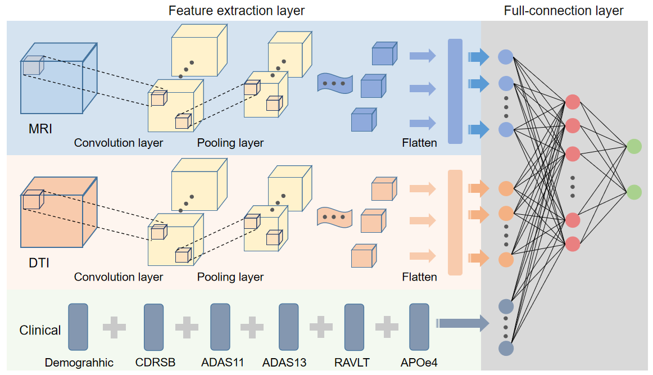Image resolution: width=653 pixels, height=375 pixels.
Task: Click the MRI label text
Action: coord(40,129)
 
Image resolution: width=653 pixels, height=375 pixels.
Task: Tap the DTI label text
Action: coord(39,263)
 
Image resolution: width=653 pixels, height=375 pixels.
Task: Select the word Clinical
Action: coord(40,330)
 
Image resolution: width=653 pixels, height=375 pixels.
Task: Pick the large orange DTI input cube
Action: coord(58,213)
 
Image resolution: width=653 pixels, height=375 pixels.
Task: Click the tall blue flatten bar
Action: coord(455,91)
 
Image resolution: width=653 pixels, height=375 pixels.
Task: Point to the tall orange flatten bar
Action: coord(455,223)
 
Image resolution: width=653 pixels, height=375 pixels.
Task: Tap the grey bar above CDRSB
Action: coord(153,327)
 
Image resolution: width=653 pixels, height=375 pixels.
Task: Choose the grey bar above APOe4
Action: coord(419,327)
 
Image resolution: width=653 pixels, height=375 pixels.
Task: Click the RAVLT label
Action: coord(352,363)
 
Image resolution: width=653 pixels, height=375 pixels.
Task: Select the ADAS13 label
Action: coord(284,363)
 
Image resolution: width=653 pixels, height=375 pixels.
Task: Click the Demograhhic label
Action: coord(79,363)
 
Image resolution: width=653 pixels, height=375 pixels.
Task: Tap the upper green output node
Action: coord(634,146)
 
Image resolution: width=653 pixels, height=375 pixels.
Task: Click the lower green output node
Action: coord(634,192)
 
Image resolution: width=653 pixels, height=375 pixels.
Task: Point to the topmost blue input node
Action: coord(506,57)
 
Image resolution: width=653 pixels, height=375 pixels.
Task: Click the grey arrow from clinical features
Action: coord(462,323)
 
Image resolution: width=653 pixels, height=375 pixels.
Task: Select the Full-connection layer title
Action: coord(564,11)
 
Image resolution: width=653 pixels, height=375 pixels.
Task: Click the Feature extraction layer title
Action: coord(237,11)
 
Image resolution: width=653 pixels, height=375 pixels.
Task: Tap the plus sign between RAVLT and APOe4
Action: coord(387,327)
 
